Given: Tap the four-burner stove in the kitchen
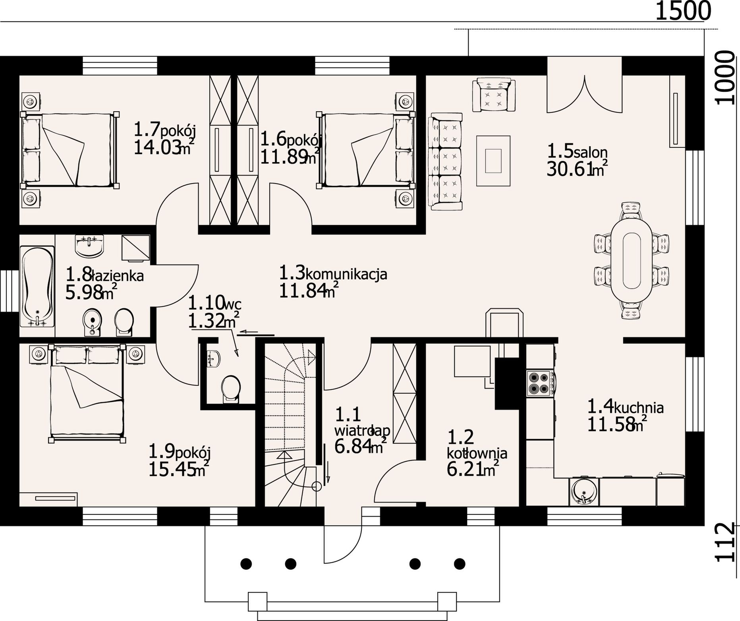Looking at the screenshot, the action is tap(539, 383).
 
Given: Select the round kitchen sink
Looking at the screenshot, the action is tap(583, 491).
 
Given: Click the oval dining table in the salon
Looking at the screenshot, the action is tap(631, 260).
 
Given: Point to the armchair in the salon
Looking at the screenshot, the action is tap(494, 95).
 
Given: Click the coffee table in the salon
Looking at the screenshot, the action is tap(493, 160).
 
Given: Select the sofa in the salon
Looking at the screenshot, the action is tap(446, 161).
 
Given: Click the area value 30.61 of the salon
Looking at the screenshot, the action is tap(568, 170).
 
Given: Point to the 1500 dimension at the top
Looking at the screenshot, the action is tap(682, 11).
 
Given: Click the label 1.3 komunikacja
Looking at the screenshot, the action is tap(333, 273).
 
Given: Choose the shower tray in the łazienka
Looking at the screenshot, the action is tap(135, 248).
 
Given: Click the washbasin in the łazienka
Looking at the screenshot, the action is tap(89, 245).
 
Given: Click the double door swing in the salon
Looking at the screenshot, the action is tap(584, 94).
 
